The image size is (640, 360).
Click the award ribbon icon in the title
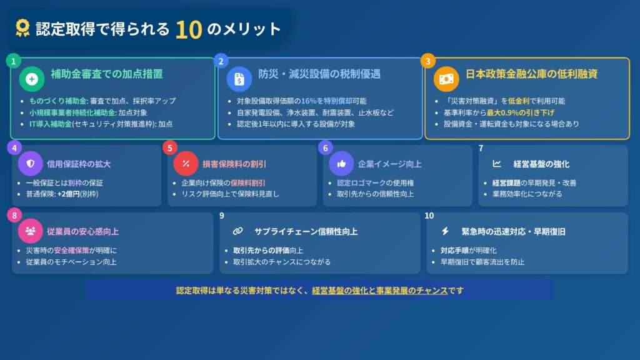point(22,28)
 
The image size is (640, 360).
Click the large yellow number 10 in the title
point(189,30)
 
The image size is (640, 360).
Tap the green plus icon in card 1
point(32,79)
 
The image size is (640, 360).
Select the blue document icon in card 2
point(239,79)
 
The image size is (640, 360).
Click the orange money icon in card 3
point(446,79)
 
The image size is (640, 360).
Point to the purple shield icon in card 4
point(30,164)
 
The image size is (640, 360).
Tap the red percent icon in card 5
point(186,164)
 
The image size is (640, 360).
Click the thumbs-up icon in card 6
point(341,164)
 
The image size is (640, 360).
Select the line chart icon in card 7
point(497,164)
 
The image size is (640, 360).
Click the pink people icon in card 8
point(30,231)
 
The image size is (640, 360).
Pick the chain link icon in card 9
point(237,231)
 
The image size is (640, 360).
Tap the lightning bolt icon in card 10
point(445,231)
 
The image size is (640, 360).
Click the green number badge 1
point(14,61)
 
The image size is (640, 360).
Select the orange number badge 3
point(427,61)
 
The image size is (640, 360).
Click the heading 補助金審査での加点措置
point(106,74)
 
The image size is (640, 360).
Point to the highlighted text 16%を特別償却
point(326,101)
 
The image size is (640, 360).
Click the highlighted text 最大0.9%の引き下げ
point(520,112)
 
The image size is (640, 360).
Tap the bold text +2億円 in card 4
point(68,194)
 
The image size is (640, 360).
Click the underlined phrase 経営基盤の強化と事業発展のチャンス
point(379,291)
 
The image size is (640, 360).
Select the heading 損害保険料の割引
point(234,164)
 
